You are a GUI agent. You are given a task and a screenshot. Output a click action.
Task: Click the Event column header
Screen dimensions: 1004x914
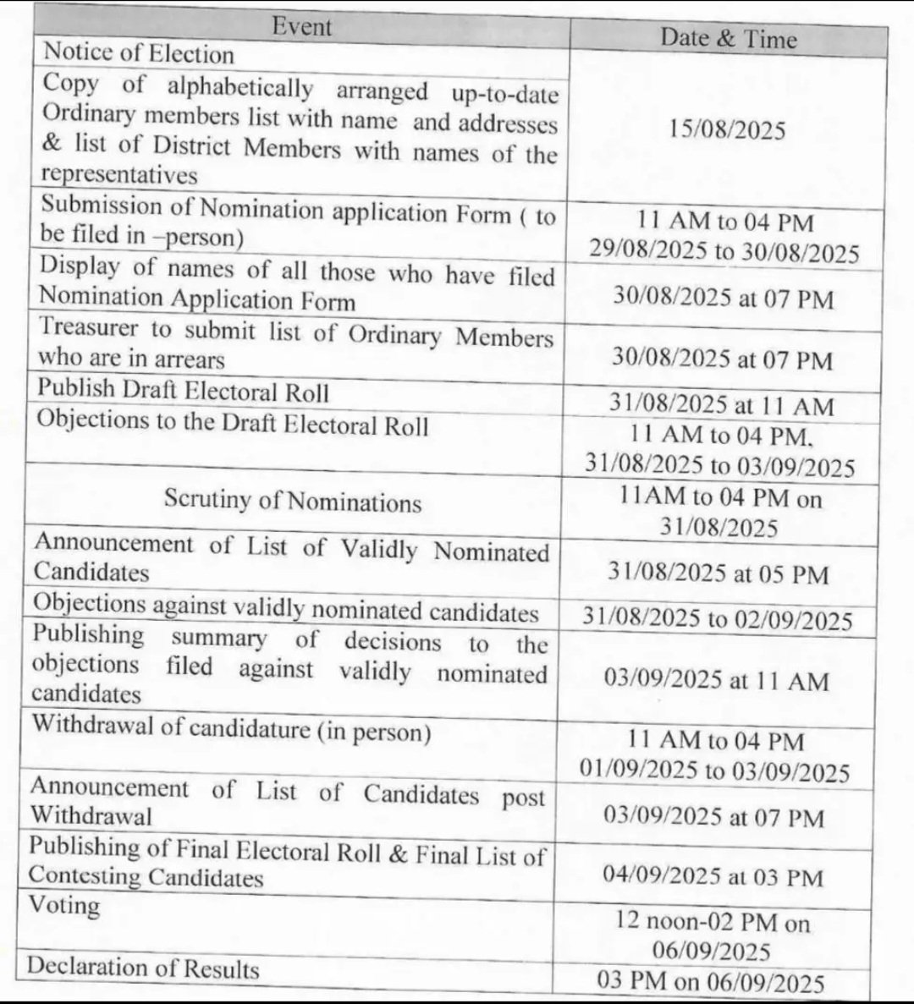point(302,26)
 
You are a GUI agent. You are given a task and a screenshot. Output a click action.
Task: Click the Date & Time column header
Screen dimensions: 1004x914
point(728,38)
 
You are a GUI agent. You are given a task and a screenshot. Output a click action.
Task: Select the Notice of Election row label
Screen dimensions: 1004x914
point(139,53)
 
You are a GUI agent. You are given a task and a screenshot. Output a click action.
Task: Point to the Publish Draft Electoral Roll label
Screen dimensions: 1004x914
point(184,392)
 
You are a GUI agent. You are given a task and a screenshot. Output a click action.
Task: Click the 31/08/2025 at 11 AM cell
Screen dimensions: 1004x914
point(722,405)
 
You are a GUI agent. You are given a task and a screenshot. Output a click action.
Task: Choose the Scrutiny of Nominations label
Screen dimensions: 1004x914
point(292,502)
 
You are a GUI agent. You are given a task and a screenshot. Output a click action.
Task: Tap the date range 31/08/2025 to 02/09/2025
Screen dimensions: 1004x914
point(717,619)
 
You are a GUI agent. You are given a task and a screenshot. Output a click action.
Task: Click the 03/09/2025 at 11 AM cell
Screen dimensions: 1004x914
point(716,681)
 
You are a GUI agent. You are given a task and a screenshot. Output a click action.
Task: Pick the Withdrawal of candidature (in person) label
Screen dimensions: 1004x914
point(231,729)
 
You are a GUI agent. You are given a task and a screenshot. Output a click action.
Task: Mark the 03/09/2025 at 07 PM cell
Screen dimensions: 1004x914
point(713,817)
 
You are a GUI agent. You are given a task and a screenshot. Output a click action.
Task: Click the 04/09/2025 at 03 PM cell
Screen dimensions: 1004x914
point(713,876)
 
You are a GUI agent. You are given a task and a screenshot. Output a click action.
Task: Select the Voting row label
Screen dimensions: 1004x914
point(64,904)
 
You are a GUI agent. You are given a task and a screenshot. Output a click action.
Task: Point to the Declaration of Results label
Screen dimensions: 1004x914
point(143,967)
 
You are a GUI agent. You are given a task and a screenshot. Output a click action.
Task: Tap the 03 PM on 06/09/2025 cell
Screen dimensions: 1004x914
point(710,982)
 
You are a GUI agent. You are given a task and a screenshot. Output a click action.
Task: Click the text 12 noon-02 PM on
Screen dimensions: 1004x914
point(712,921)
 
